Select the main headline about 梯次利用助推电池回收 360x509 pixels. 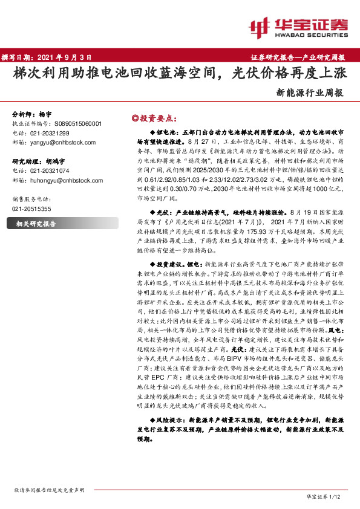click(180, 74)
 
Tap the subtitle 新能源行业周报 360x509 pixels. click(310, 93)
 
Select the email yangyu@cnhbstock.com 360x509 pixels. click(62, 141)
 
